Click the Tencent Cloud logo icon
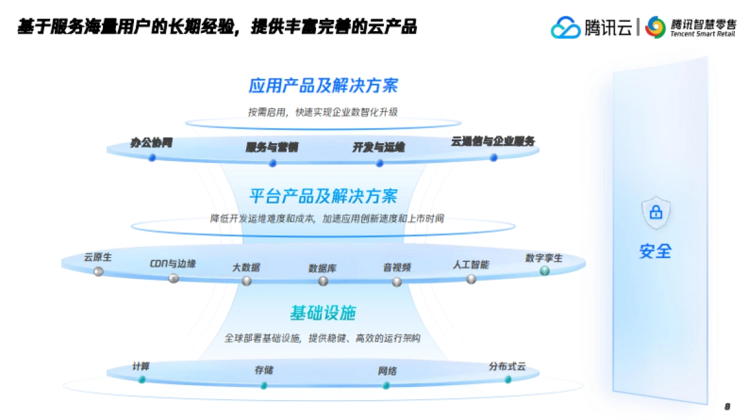(x=565, y=27)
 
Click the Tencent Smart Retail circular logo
(x=656, y=27)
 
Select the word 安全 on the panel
(x=655, y=251)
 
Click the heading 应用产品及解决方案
(x=323, y=85)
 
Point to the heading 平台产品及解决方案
(x=323, y=196)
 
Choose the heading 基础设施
(x=322, y=312)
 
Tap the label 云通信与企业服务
(x=492, y=141)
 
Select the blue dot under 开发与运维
(x=380, y=163)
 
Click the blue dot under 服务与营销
(x=272, y=163)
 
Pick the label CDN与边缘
(x=173, y=263)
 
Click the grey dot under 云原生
(x=98, y=271)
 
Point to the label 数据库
(x=322, y=268)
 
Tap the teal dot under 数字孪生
(x=544, y=271)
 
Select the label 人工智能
(x=471, y=264)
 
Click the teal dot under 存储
(x=264, y=385)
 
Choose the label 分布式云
(x=507, y=366)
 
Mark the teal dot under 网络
(x=386, y=385)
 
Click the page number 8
(x=727, y=406)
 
